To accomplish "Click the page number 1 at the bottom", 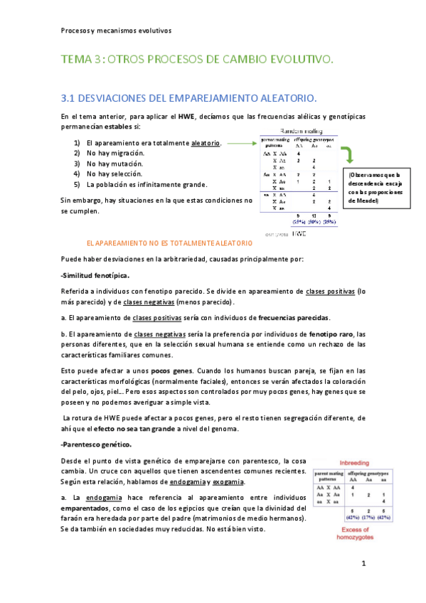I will point(363,565).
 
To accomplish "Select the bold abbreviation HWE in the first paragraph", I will point(187,117).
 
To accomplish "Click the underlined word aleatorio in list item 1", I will point(206,143).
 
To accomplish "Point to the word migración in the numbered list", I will point(124,153).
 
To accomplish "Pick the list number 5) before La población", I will point(77,184).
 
